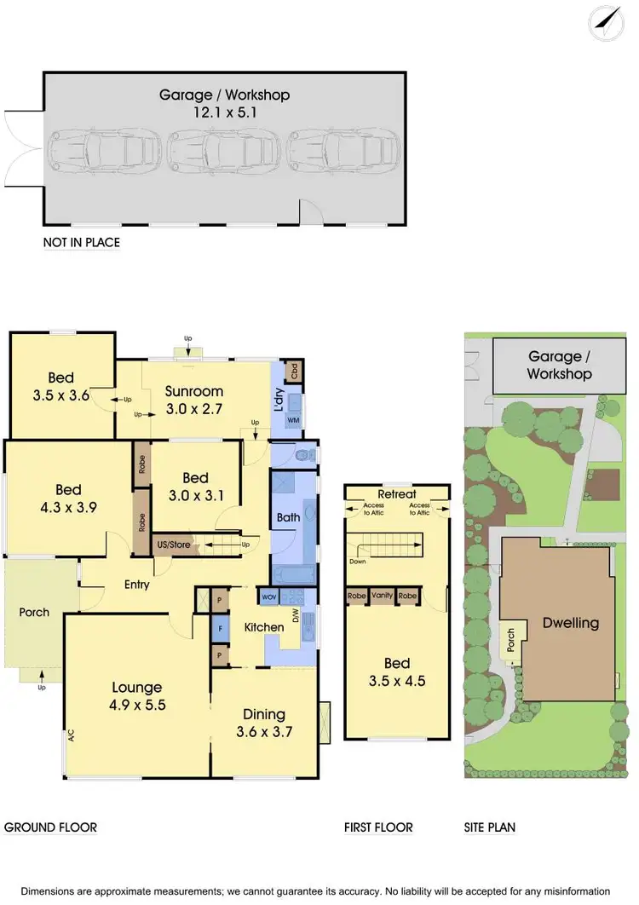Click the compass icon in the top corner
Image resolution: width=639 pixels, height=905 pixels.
click(x=607, y=22)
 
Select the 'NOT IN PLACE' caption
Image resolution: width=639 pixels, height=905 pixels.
click(x=82, y=243)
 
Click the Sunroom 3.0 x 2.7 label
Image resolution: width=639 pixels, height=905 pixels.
click(x=194, y=400)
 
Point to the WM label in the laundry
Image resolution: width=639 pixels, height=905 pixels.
click(x=293, y=421)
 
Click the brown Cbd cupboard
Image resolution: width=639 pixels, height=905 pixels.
click(x=295, y=372)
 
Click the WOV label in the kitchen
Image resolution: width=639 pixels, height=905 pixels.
click(x=269, y=597)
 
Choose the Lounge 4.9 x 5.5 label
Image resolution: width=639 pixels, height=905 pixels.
click(x=137, y=696)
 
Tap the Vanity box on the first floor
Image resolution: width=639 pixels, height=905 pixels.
click(x=382, y=596)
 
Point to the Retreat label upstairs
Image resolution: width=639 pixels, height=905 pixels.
click(x=397, y=494)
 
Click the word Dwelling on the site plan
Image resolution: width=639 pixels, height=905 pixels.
click(x=570, y=622)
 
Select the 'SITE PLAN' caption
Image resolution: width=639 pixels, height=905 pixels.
click(x=490, y=827)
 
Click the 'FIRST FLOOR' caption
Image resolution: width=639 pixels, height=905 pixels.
click(x=378, y=827)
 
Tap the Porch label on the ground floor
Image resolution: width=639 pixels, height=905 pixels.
click(x=34, y=612)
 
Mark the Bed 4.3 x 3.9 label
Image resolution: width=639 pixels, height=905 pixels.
click(x=68, y=498)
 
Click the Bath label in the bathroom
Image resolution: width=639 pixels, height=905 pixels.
click(x=287, y=517)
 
